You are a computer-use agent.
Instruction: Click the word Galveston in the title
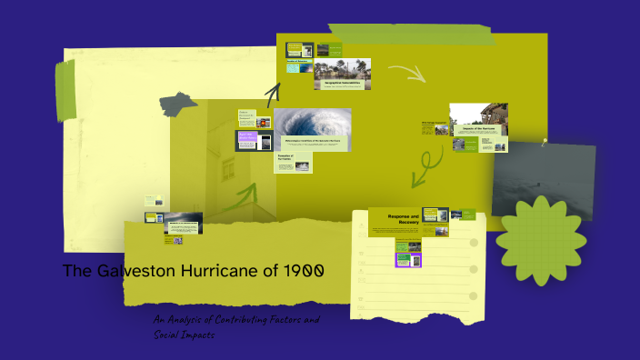[127, 272]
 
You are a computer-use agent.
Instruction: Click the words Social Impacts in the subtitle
[185, 335]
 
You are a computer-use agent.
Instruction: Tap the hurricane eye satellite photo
[312, 127]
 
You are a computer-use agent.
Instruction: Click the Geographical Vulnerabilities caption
[344, 84]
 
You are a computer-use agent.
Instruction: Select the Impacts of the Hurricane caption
[478, 129]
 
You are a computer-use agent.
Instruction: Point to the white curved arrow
[405, 72]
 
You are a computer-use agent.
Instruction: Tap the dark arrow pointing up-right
[272, 93]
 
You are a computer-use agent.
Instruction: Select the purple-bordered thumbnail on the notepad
[408, 259]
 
